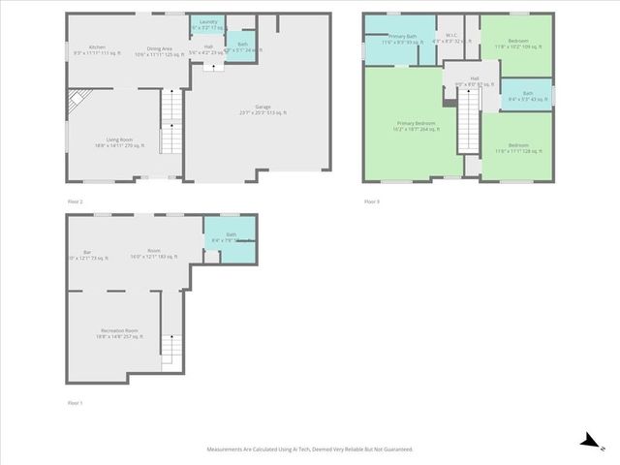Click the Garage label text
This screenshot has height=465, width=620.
pyautogui.click(x=263, y=109)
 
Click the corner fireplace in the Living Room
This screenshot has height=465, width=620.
pyautogui.click(x=79, y=100)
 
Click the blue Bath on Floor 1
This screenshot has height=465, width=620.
pyautogui.click(x=231, y=238)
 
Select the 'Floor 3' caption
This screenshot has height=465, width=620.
pyautogui.click(x=372, y=201)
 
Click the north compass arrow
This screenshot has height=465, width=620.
pyautogui.click(x=588, y=441)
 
